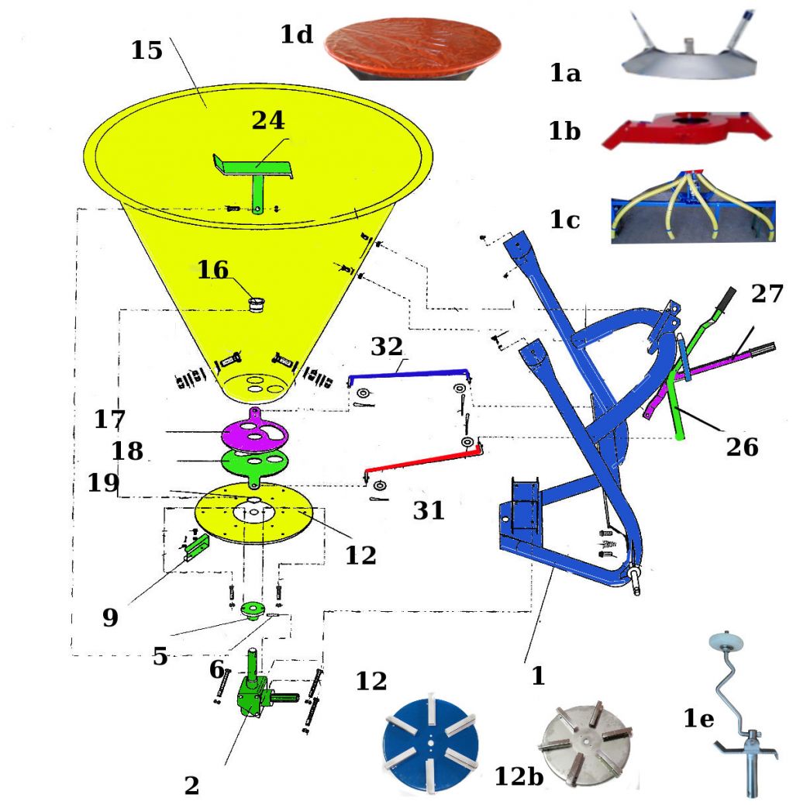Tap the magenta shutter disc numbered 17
(x=254, y=431)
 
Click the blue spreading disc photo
(x=431, y=740)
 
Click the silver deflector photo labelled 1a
(x=689, y=48)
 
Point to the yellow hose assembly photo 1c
(x=693, y=207)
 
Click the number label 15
(x=147, y=50)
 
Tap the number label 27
(x=767, y=294)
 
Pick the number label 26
(x=742, y=447)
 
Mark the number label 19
(x=103, y=482)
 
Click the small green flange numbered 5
(x=253, y=610)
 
